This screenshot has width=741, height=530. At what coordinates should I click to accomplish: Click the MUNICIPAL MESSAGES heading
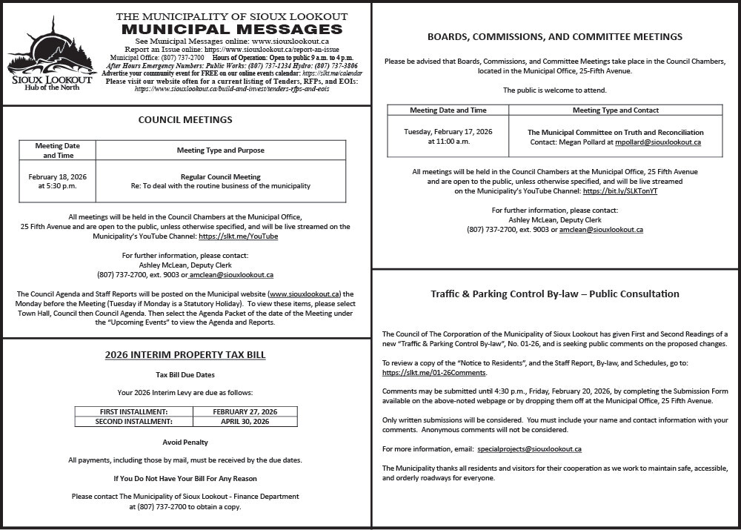(x=232, y=29)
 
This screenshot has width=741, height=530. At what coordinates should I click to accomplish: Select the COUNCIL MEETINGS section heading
(x=185, y=119)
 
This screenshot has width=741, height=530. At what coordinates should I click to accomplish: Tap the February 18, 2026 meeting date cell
(x=58, y=182)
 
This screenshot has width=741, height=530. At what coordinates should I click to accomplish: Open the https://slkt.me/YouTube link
(x=239, y=236)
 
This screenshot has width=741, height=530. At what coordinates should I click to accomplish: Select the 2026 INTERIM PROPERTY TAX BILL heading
(x=185, y=355)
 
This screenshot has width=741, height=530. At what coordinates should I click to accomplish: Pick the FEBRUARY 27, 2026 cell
(x=245, y=411)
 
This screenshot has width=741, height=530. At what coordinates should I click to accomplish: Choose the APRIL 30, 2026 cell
(x=245, y=422)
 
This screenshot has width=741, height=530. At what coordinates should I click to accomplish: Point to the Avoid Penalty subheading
(x=185, y=443)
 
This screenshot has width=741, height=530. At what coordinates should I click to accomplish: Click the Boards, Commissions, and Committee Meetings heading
(x=555, y=36)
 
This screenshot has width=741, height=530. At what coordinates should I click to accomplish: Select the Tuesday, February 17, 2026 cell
(x=448, y=136)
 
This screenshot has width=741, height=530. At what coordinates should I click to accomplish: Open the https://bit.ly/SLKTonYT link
(x=620, y=191)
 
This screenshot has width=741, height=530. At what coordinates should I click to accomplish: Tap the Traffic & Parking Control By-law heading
(x=555, y=294)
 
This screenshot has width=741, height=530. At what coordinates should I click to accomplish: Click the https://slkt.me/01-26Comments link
(x=433, y=372)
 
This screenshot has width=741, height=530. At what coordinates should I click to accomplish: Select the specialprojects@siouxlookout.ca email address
(x=529, y=449)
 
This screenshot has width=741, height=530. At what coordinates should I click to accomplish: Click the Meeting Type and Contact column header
(x=615, y=110)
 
